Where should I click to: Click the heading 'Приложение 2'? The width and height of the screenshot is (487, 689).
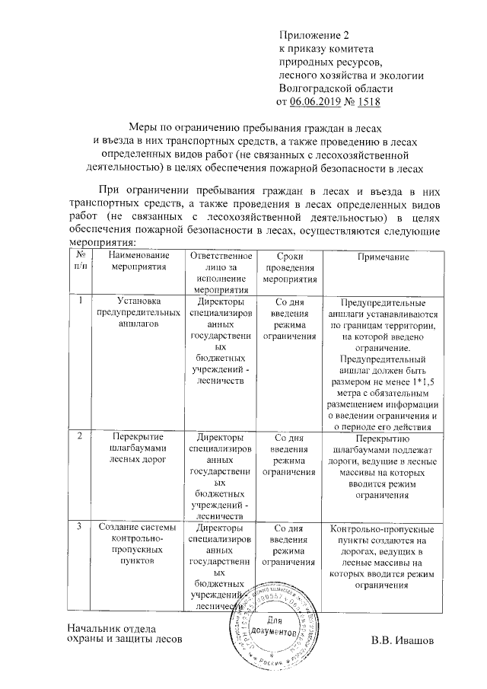pos(314,35)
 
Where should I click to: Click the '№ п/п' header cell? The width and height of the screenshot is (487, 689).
pos(81,263)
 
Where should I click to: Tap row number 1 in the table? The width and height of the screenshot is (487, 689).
pos(80,301)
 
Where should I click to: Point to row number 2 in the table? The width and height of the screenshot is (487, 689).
pos(80,437)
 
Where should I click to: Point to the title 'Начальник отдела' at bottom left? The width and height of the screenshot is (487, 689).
pos(111,629)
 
